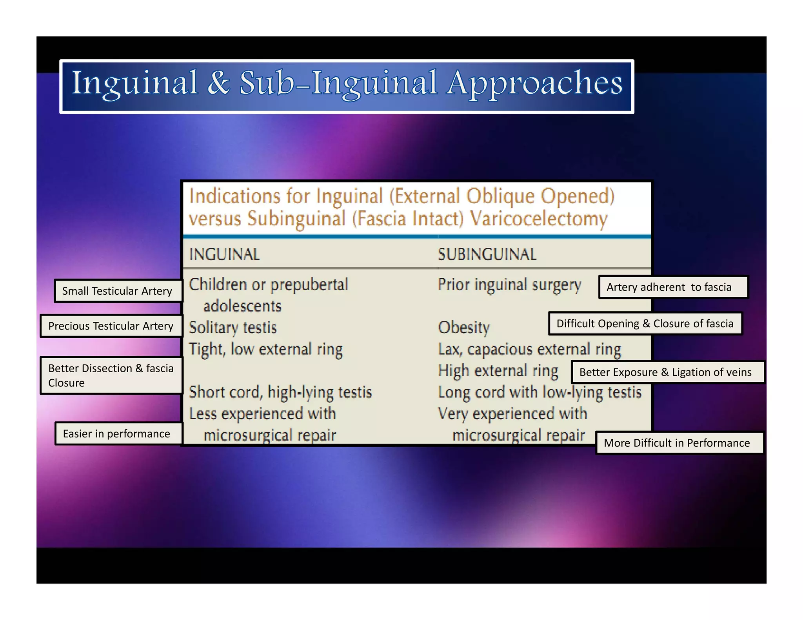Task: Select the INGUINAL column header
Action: tap(224, 254)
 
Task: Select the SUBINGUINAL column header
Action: tap(487, 254)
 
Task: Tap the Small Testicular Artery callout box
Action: tap(117, 291)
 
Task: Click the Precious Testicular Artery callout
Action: tap(111, 326)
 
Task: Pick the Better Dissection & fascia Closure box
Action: tap(111, 375)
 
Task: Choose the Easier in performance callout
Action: tap(117, 434)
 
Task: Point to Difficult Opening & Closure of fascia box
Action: tap(645, 324)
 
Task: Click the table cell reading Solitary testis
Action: tap(233, 328)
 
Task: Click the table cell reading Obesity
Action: tap(464, 328)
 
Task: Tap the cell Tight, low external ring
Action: tap(266, 349)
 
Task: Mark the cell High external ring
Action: tap(498, 371)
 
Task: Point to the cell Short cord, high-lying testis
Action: tap(280, 392)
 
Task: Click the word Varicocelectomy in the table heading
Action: tap(539, 219)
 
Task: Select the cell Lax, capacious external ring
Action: tap(529, 349)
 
